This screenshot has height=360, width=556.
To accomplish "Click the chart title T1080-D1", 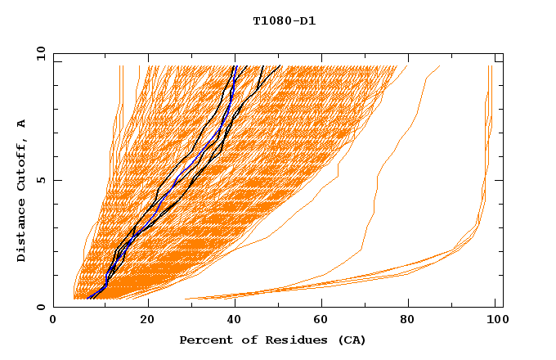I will click(x=284, y=20).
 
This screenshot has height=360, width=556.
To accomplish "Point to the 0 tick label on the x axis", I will click(x=54, y=322).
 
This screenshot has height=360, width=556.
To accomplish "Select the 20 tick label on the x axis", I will click(x=147, y=322).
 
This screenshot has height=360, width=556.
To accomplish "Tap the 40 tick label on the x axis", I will click(x=235, y=322).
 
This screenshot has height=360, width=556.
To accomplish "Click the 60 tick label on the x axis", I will click(x=324, y=322).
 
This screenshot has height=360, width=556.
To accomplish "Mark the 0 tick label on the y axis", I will click(x=41, y=307).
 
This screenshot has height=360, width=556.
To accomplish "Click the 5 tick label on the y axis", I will click(x=41, y=180).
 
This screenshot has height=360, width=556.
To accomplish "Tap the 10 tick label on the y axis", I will click(x=38, y=53).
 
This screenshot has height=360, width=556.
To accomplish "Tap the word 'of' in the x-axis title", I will click(x=242, y=340).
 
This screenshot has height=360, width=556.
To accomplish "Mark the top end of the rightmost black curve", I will click(x=280, y=65).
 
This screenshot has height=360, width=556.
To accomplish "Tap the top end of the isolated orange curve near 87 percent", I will click(x=439, y=66).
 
